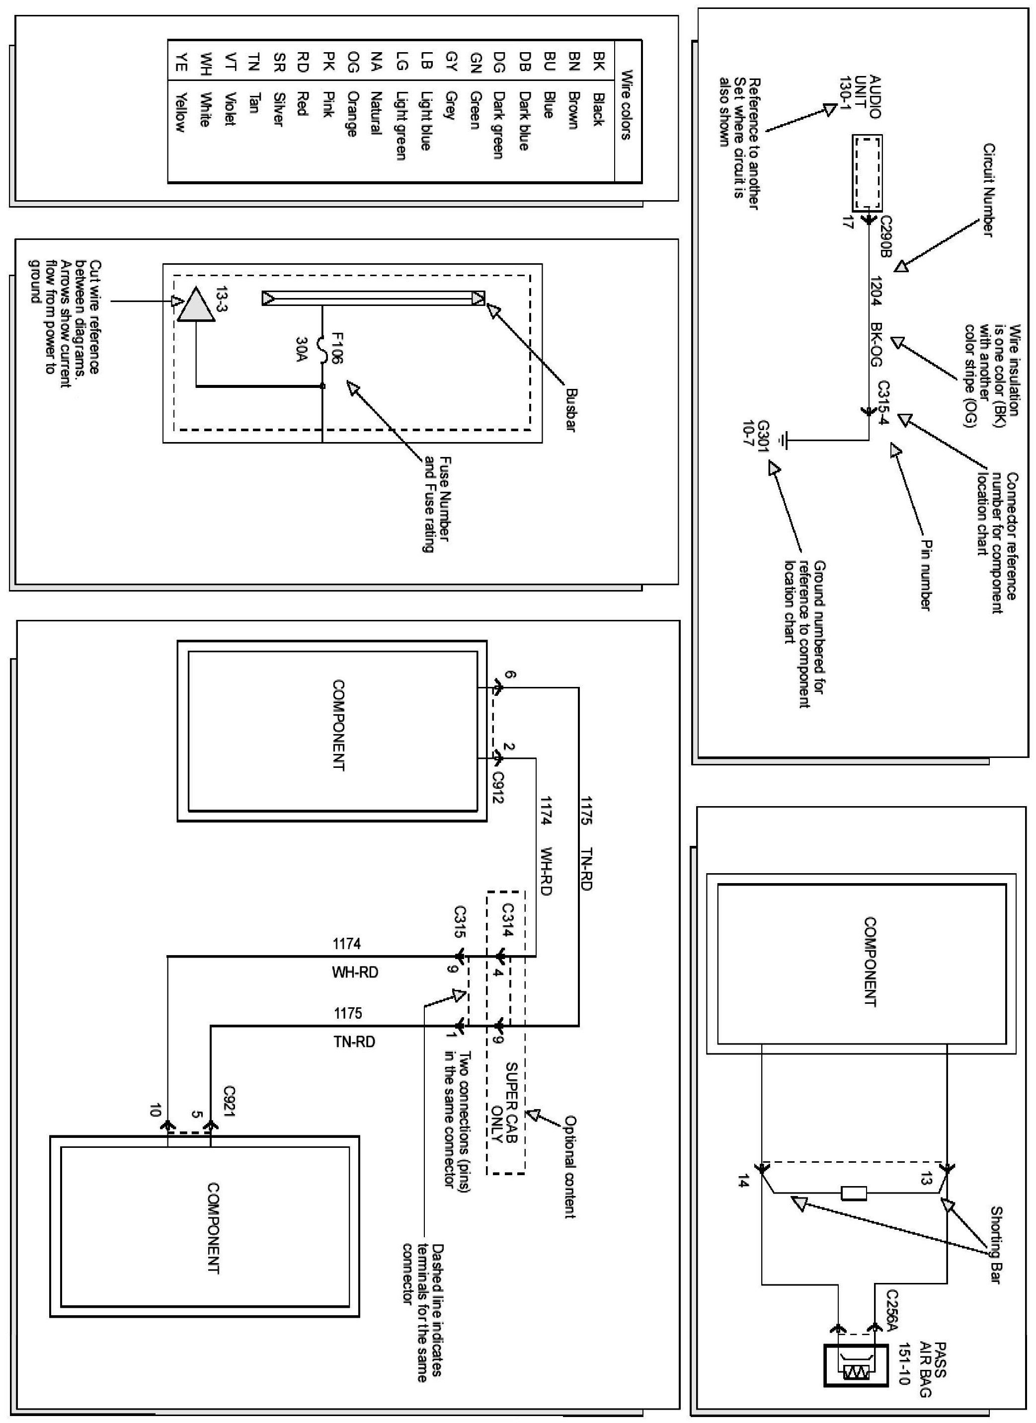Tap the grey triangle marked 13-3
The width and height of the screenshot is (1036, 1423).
click(195, 305)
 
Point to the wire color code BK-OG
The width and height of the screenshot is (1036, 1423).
click(877, 345)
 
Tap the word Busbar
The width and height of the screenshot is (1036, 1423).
click(570, 410)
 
